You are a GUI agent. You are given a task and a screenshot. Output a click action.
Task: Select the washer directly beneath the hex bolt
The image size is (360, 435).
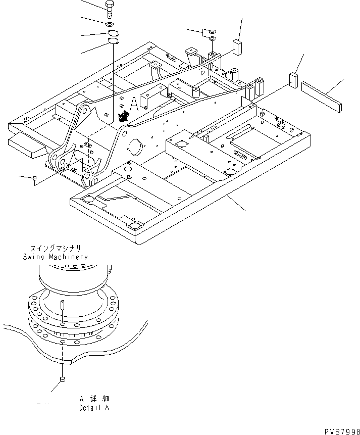pos(110,24)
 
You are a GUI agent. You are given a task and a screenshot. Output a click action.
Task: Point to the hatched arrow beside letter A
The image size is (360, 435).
pos(122,116)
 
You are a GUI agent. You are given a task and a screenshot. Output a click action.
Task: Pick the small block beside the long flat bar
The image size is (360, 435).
pos(293,80)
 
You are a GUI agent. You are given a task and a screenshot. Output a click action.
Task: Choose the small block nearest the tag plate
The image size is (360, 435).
pos(238,46)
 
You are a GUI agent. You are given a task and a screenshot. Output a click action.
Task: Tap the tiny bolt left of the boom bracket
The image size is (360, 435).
pos(34,178)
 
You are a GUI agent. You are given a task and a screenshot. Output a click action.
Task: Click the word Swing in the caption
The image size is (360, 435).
pos(33,257)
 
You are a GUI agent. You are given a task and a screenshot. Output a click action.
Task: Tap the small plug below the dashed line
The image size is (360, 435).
pos(62,379)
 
